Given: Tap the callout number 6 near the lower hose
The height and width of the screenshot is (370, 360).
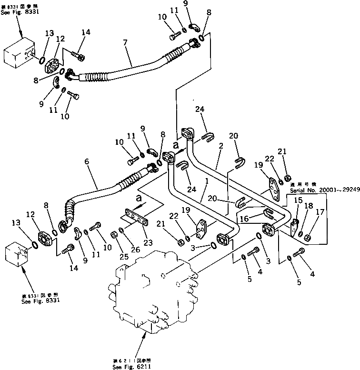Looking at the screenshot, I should coord(87,161).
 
